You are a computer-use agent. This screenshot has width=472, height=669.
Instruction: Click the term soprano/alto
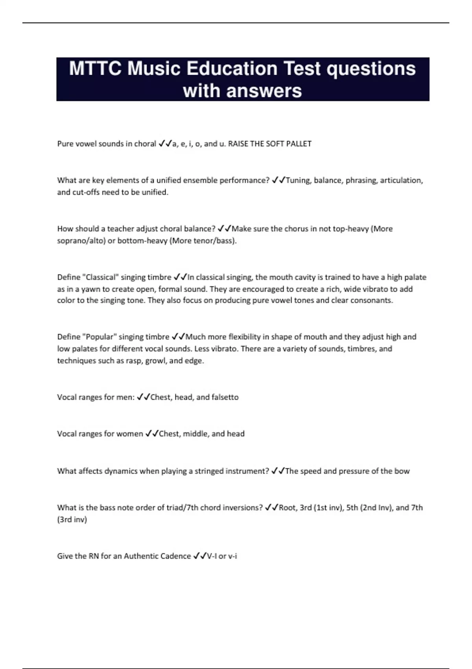point(81,240)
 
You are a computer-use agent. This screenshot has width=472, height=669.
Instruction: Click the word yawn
point(91,289)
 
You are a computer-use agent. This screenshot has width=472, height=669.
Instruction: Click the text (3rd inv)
point(72,519)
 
